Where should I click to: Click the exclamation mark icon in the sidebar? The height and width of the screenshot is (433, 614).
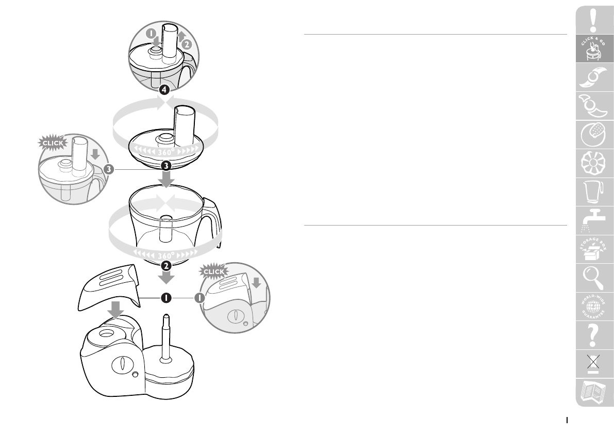[x=593, y=21]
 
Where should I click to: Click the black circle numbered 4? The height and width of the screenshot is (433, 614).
[x=164, y=90]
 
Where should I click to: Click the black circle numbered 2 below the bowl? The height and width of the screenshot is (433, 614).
[x=166, y=266]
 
